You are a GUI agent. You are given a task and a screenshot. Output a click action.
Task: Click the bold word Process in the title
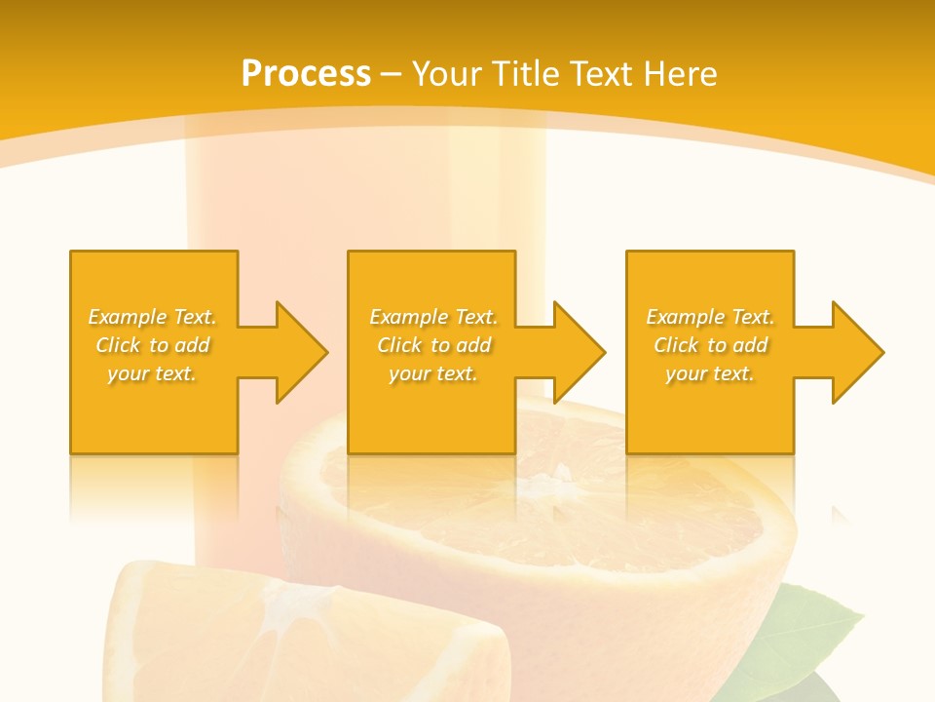pos(306,74)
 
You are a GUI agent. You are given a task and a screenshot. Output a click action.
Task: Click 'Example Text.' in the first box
pos(153,317)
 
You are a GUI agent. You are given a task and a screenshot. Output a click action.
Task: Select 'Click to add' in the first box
pos(153,345)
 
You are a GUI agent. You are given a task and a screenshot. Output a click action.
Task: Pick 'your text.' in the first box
pos(153,373)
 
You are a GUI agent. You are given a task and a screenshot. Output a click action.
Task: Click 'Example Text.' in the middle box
pos(433,317)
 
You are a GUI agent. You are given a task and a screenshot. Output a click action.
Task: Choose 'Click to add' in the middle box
pos(433,345)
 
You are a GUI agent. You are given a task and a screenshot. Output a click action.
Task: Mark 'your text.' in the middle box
pos(433,373)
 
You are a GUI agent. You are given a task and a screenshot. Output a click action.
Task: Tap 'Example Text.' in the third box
pos(710,317)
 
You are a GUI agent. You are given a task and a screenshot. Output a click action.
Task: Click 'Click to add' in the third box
pos(710,345)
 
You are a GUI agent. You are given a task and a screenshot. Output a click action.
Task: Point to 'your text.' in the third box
pos(710,373)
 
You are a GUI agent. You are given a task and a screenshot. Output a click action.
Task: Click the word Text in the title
pos(603,74)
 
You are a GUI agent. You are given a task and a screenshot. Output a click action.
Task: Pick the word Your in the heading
pos(448,74)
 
